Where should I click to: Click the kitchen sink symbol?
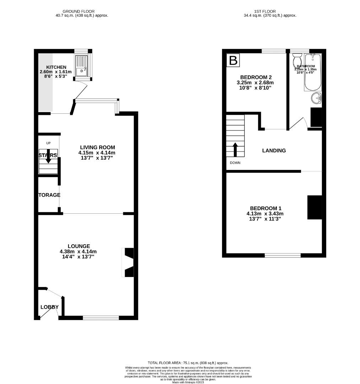point(81,66)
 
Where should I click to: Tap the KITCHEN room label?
point(56,67)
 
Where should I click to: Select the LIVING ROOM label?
point(97,147)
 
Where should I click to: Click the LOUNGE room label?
point(79,246)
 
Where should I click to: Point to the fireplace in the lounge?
point(128,262)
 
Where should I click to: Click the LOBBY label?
point(49,307)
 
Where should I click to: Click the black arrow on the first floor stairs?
point(235,149)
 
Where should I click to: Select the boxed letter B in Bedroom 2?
point(233,60)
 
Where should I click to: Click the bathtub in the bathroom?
point(312,73)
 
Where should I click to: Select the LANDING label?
point(274,150)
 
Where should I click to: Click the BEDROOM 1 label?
point(265,208)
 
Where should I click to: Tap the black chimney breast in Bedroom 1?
point(315,208)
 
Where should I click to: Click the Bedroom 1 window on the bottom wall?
point(283,255)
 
